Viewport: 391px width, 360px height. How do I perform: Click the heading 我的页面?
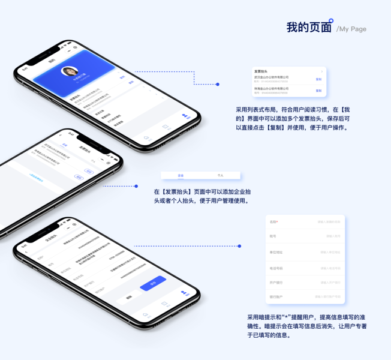[x=308, y=28]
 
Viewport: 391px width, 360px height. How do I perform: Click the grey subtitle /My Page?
[x=351, y=29]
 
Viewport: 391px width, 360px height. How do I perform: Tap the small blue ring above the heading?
[x=331, y=20]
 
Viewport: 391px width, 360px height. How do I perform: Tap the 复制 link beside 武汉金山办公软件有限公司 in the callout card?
[x=318, y=79]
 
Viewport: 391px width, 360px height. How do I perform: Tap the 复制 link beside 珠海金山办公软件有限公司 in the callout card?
[x=318, y=91]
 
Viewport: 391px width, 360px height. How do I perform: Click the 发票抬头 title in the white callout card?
[x=261, y=71]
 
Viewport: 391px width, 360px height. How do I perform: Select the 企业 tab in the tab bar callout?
[x=181, y=175]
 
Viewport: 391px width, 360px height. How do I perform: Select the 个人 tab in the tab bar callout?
[x=220, y=175]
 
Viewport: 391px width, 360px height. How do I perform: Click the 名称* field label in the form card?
[x=273, y=222]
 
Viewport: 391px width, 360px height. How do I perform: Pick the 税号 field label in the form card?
[x=273, y=236]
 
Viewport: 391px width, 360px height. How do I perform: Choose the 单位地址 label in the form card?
[x=275, y=252]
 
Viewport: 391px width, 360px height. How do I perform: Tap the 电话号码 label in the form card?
[x=275, y=268]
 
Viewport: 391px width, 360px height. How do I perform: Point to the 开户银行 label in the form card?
[x=275, y=282]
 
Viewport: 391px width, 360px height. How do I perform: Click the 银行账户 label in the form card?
[x=275, y=296]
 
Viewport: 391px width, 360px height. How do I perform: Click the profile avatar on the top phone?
[x=69, y=71]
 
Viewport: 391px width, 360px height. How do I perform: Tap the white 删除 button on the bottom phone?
[x=129, y=297]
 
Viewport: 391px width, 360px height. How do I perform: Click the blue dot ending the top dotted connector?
[x=218, y=85]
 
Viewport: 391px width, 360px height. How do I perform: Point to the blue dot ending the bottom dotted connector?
[x=239, y=246]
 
